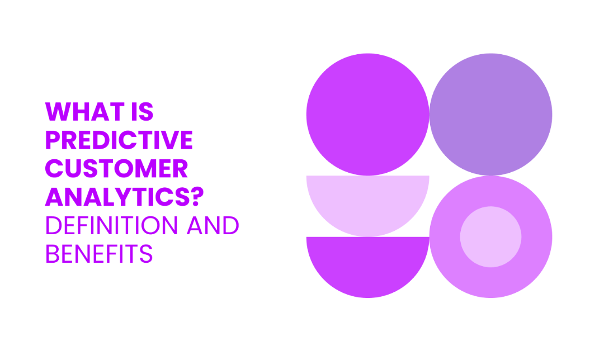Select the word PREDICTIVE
[119, 140]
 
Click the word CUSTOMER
[116, 168]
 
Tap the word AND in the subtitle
[213, 225]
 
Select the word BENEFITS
[99, 254]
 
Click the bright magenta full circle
[367, 115]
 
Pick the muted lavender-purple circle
[491, 115]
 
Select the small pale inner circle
[491, 237]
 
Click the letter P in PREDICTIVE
[53, 140]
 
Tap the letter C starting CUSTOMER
[54, 168]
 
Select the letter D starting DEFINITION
[54, 225]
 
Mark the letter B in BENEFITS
[53, 254]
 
